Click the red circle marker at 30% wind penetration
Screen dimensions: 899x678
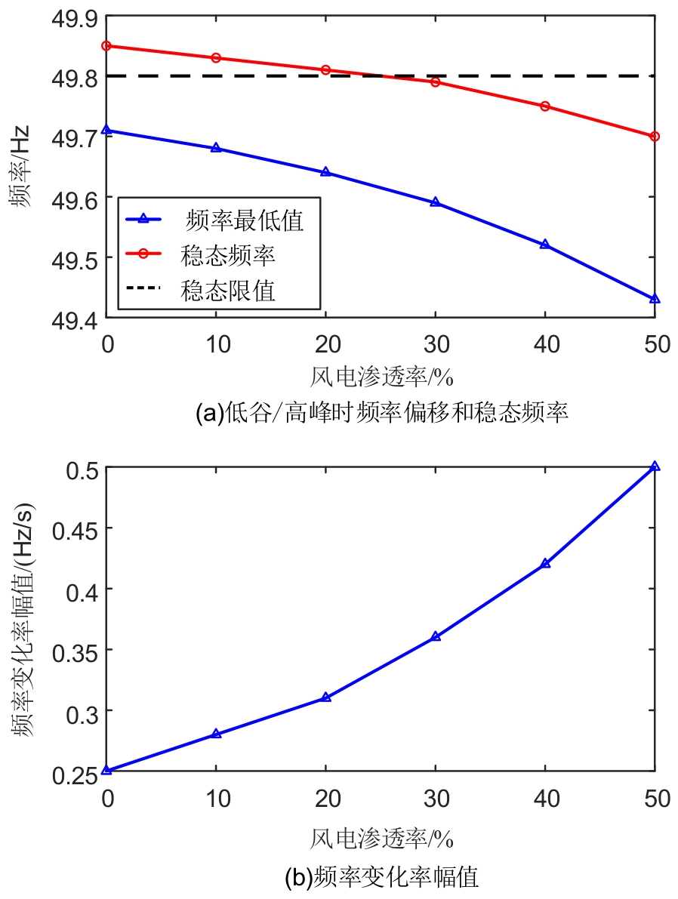pos(436,82)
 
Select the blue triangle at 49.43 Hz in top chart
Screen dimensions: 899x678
pos(655,299)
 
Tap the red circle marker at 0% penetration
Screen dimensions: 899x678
pos(107,45)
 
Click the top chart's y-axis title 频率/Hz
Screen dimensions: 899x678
pos(21,167)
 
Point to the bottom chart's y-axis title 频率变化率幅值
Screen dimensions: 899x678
pos(21,619)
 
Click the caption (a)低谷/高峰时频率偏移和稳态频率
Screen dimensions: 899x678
pos(381,413)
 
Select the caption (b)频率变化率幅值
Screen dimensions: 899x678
pos(381,877)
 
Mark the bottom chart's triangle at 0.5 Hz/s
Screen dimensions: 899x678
pos(655,466)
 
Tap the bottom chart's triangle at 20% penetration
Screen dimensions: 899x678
pos(326,697)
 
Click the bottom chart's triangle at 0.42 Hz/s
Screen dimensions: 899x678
pos(545,564)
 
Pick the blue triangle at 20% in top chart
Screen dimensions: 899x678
pos(326,172)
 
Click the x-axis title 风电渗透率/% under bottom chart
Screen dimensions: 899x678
pos(381,838)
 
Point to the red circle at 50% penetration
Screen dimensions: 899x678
pos(655,136)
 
